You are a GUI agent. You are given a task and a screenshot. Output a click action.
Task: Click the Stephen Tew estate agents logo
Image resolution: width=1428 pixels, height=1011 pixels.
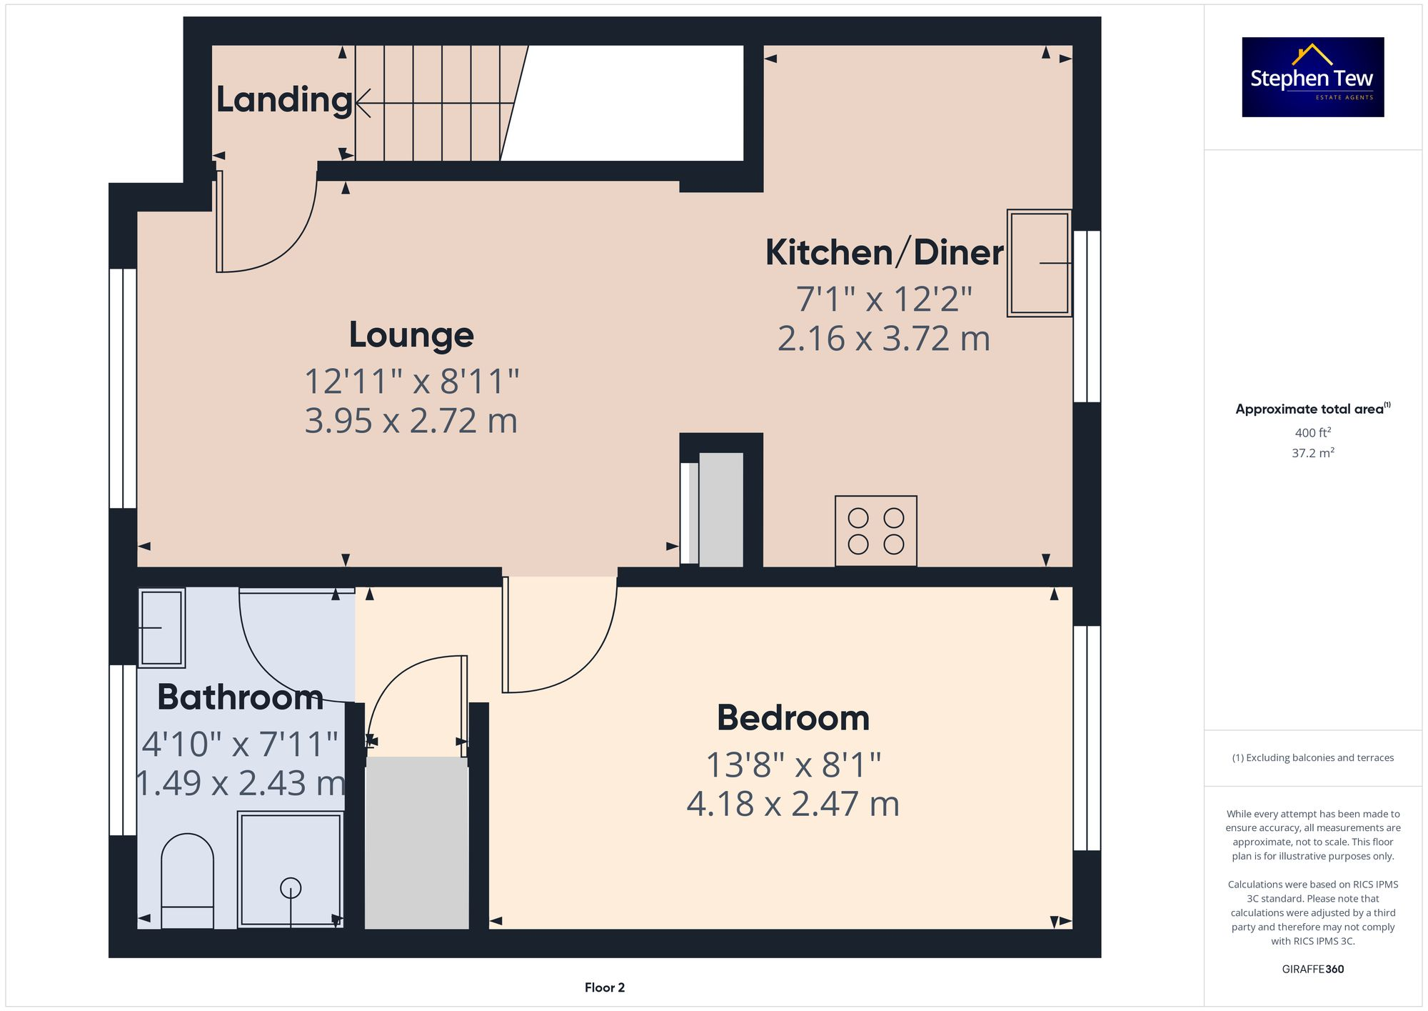click(x=1312, y=77)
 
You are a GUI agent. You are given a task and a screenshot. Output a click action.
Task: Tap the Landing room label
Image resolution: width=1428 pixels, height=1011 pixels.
click(x=283, y=99)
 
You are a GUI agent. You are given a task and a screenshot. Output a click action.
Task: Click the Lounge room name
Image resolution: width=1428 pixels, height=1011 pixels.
click(x=411, y=335)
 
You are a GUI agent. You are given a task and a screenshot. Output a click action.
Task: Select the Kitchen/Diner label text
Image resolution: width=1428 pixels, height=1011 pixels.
click(x=884, y=252)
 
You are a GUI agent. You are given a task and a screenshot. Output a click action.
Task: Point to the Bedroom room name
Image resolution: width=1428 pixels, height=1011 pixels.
click(x=793, y=718)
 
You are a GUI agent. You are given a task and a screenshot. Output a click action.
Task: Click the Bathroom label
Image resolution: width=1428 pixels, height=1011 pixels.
click(x=240, y=697)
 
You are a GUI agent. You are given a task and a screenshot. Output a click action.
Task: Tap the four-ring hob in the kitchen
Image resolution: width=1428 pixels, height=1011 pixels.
click(x=875, y=531)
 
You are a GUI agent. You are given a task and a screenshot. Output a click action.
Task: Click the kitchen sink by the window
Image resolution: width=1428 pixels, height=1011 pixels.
click(x=1039, y=263)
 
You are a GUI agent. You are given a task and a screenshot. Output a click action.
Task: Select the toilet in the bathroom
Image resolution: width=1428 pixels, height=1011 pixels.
click(x=187, y=882)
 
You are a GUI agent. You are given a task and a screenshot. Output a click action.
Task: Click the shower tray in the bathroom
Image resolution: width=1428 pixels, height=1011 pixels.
click(x=290, y=869)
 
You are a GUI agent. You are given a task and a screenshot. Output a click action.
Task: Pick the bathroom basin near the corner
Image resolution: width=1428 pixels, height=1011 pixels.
click(x=161, y=628)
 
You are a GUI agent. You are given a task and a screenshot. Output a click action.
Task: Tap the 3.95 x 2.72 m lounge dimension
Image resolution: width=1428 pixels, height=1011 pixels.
click(x=411, y=421)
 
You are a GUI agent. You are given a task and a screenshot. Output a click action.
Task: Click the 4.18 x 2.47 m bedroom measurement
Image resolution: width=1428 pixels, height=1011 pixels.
click(x=793, y=804)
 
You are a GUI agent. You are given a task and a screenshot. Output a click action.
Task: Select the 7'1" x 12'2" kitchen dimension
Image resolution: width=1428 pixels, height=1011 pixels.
click(x=884, y=299)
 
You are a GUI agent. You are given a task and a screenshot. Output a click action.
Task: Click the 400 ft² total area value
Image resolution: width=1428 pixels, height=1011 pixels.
click(x=1312, y=433)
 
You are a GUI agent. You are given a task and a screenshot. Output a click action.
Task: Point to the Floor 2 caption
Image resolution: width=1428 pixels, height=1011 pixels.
click(x=604, y=987)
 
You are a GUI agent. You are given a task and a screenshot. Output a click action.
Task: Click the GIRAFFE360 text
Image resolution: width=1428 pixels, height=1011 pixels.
click(x=1312, y=970)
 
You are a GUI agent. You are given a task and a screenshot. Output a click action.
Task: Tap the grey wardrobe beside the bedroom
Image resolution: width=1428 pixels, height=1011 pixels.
click(x=416, y=843)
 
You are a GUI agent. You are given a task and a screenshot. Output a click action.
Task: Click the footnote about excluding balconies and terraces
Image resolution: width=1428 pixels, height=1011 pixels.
click(x=1312, y=758)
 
